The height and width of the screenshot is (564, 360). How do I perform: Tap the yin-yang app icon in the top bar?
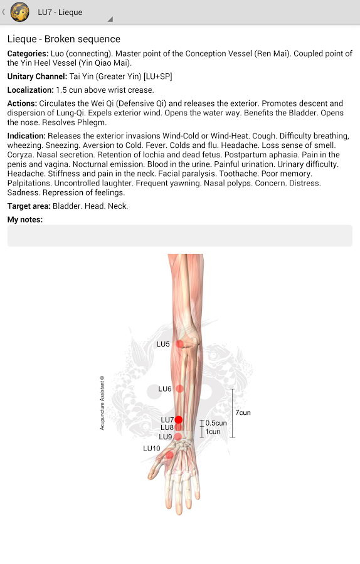(x=20, y=12)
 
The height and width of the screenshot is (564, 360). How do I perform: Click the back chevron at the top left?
(x=4, y=12)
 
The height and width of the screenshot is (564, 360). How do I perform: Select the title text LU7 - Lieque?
(x=60, y=12)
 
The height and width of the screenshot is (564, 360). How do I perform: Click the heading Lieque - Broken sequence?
(x=63, y=39)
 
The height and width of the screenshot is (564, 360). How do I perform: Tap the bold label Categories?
(x=28, y=53)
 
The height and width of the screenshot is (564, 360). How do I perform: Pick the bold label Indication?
(x=26, y=135)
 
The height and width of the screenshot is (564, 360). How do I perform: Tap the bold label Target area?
(x=29, y=206)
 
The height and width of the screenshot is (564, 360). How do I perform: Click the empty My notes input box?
(x=179, y=236)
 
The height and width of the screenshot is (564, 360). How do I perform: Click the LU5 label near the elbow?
(x=163, y=344)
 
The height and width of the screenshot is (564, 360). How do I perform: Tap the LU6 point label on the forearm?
(x=165, y=389)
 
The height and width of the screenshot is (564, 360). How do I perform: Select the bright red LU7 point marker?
(x=179, y=420)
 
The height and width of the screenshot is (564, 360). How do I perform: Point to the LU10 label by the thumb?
(x=152, y=448)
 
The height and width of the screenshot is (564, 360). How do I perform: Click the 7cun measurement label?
(x=243, y=413)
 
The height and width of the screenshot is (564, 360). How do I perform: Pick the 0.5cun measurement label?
(x=216, y=423)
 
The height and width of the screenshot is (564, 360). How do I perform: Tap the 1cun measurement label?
(x=213, y=431)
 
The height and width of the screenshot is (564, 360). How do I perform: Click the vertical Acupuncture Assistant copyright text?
(x=102, y=403)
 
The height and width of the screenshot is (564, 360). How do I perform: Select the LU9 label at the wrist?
(x=166, y=437)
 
